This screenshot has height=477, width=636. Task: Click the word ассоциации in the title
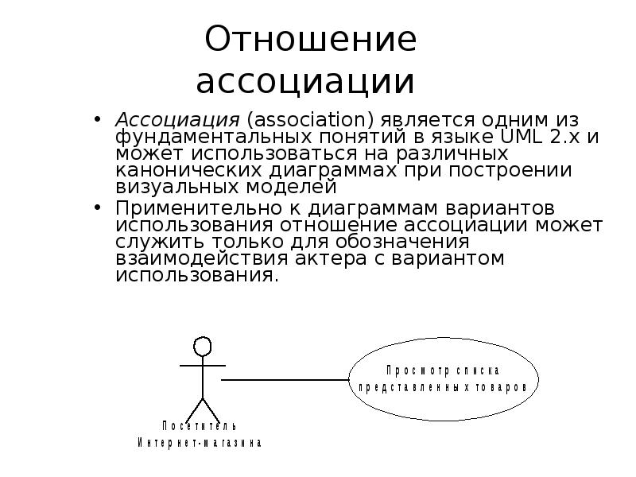click(x=305, y=81)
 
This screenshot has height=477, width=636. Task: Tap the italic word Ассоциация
click(x=177, y=121)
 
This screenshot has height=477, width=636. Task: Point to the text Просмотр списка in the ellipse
click(x=443, y=370)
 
